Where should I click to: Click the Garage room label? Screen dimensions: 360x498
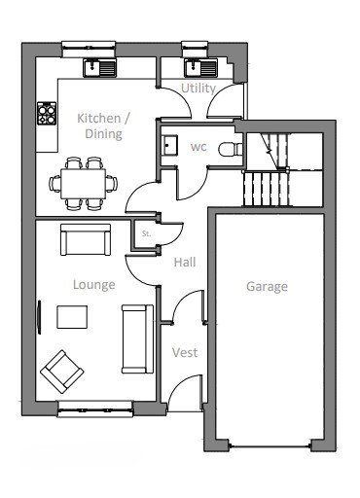[x=267, y=287]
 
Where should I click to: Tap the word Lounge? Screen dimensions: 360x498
[x=94, y=285]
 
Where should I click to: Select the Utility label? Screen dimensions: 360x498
[x=198, y=89]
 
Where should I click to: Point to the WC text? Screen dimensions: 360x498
[x=198, y=147]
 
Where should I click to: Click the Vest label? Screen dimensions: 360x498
[x=185, y=352]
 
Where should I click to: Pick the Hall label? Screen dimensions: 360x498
[x=185, y=262]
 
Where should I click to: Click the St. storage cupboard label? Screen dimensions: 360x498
[x=146, y=233]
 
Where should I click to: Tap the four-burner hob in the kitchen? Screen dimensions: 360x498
[x=47, y=113]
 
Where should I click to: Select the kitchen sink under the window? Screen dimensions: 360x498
[x=100, y=68]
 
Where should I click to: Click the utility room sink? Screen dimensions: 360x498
[x=200, y=68]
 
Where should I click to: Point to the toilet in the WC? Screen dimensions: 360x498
[x=231, y=150]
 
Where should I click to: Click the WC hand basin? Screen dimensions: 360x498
[x=169, y=145]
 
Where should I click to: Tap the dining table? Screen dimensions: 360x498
[x=84, y=183]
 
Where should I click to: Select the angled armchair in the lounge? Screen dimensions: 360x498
[x=62, y=372]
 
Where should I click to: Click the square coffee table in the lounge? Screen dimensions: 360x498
[x=72, y=317]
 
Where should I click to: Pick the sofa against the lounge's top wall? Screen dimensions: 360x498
[x=86, y=239]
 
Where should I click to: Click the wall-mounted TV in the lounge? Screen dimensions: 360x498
[x=39, y=317]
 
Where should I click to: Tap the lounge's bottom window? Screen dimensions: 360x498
[x=95, y=409]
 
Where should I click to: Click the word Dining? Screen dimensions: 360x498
[x=103, y=134]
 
